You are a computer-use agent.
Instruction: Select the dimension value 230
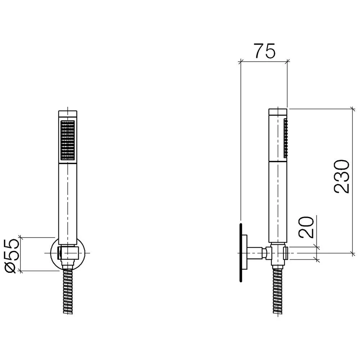pos(342,176)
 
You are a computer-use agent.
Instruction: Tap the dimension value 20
pos(306,227)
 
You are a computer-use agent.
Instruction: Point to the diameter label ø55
pos(11,256)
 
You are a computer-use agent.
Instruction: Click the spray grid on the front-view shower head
pos(68,140)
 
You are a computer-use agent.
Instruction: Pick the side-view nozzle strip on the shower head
pos(285,138)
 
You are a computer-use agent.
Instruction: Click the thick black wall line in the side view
pos(240,252)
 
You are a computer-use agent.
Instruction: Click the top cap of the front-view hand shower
pos(68,114)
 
